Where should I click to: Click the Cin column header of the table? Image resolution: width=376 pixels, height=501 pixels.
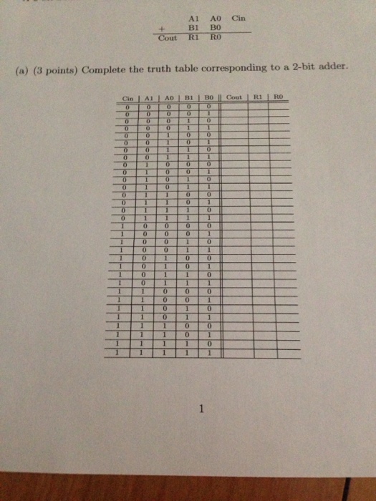pyautogui.click(x=127, y=97)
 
